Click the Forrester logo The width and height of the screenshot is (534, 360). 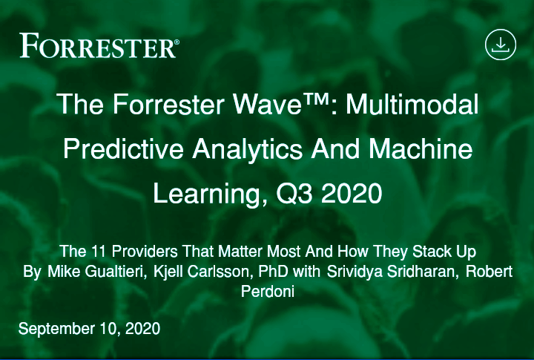(x=99, y=46)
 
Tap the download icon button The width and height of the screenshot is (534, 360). (x=501, y=45)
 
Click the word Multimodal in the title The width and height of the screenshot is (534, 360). (x=412, y=105)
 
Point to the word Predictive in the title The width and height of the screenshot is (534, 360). (x=123, y=149)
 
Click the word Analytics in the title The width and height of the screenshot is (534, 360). (x=248, y=150)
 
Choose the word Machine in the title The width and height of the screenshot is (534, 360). (x=421, y=149)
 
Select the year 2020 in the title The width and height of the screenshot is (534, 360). (x=352, y=194)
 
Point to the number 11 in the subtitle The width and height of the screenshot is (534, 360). (x=99, y=252)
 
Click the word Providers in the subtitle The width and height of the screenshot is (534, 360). (x=145, y=252)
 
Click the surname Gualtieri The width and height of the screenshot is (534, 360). (x=116, y=272)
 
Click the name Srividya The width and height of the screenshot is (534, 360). (x=354, y=272)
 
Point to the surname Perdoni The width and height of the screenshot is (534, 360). (x=268, y=292)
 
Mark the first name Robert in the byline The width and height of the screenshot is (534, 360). (x=489, y=272)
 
